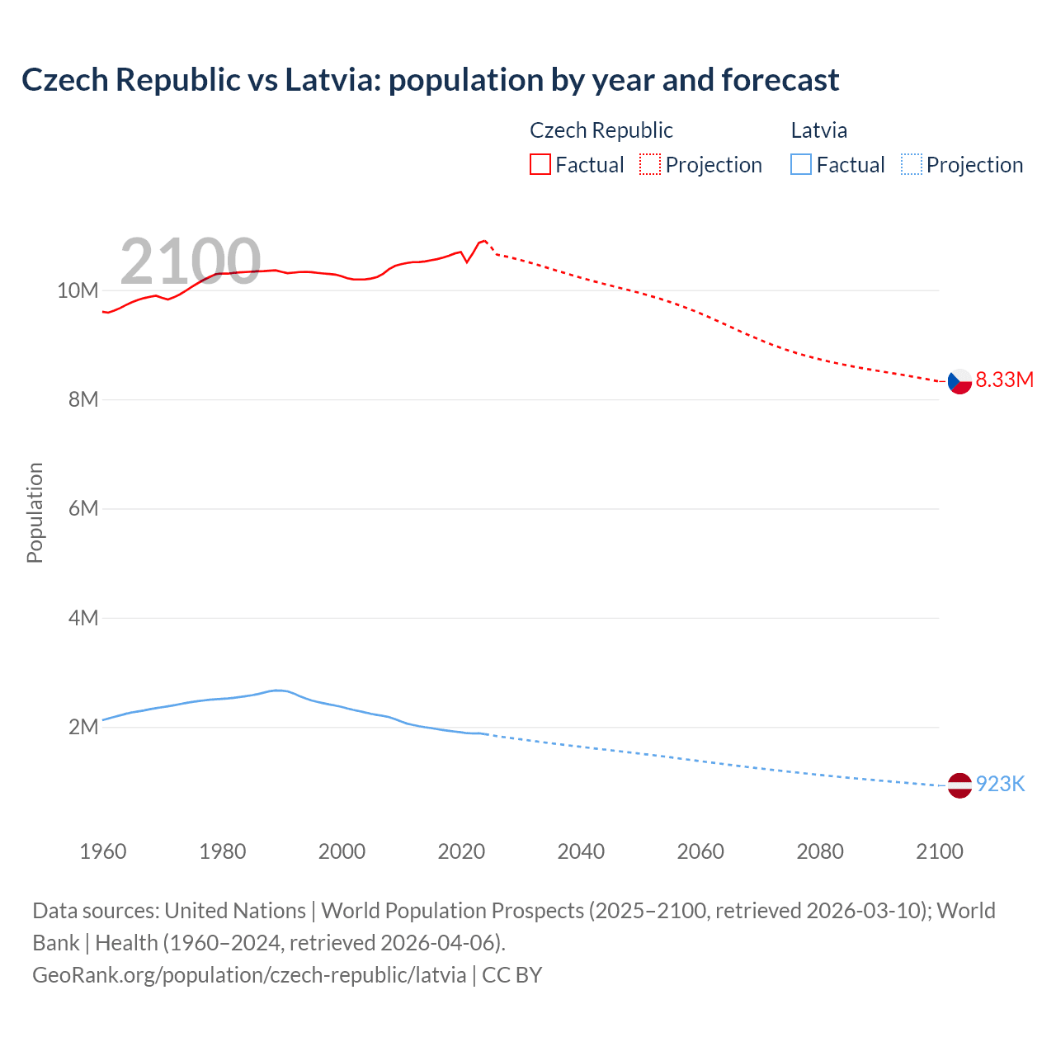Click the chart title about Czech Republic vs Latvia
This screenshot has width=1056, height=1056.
point(430,80)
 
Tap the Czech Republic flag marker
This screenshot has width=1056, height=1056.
point(959,381)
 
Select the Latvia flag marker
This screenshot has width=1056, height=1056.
point(959,785)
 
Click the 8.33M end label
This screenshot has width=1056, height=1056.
point(1004,379)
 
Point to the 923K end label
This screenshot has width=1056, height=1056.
point(1000,785)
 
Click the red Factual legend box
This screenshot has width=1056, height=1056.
point(540,165)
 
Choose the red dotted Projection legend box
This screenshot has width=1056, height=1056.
point(650,165)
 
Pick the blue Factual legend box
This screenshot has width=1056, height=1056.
point(801,165)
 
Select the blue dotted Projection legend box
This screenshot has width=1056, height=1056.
point(912,165)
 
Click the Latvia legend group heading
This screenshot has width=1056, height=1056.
point(818,130)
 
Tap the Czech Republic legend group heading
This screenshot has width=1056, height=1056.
point(601,130)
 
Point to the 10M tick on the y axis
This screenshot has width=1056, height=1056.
point(78,290)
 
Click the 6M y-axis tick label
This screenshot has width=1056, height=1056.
point(83,508)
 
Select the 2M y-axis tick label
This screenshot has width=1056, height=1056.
point(83,727)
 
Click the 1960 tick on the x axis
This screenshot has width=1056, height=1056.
point(103,851)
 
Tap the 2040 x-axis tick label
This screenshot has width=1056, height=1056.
point(581,851)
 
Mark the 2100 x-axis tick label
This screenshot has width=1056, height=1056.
point(939,851)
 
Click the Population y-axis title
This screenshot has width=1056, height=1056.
point(35,512)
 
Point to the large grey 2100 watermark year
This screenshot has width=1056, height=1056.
point(191,262)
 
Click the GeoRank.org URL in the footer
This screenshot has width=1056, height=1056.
point(249,975)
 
